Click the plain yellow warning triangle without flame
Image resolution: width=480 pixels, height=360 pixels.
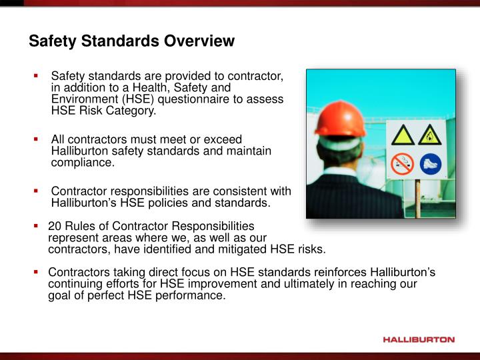(403, 135)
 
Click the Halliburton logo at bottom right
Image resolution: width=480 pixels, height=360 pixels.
(419, 339)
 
